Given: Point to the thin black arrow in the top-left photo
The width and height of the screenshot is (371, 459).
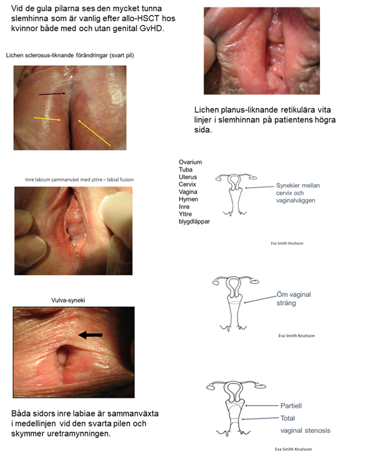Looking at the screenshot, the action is click(x=51, y=94).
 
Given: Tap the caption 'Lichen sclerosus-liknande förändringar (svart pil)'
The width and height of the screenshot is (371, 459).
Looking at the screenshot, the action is click(x=70, y=56).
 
